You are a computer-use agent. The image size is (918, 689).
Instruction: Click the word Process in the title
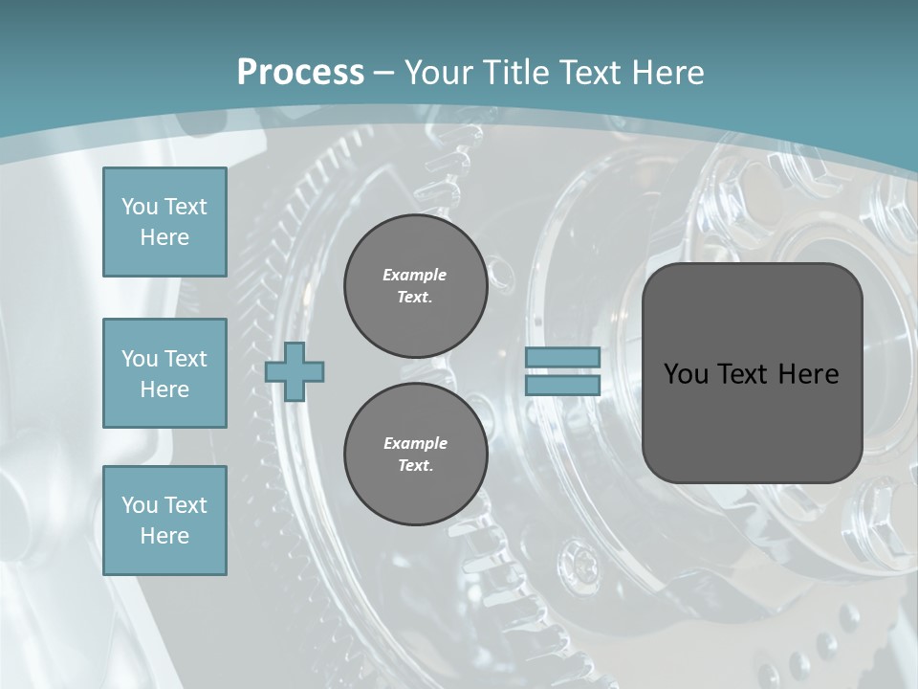300,73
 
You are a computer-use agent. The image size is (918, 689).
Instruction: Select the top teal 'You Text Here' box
164,222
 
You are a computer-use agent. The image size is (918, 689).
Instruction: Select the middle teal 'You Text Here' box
164,373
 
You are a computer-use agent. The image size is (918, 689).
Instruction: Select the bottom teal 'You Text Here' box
164,520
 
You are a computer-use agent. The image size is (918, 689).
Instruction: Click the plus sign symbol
295,372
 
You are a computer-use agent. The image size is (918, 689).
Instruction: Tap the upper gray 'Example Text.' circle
415,286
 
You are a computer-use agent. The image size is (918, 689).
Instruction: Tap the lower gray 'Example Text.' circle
415,455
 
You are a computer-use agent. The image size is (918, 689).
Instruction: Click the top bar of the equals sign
562,357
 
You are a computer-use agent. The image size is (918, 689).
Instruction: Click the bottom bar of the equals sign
562,386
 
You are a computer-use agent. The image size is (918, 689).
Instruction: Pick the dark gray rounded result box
752,372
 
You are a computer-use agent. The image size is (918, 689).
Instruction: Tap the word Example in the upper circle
415,275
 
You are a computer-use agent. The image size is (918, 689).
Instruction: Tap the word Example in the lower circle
415,443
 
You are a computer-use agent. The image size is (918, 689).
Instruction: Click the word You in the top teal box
140,207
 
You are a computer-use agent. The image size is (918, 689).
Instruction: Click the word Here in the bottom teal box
164,536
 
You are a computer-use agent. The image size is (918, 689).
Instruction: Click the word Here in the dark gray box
810,374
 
